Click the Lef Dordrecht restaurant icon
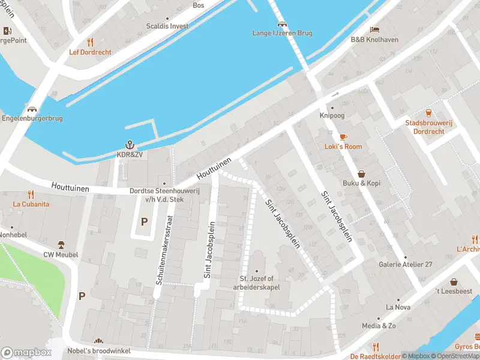tap(91, 42)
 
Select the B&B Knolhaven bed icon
tap(374, 30)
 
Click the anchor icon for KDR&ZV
tap(129, 145)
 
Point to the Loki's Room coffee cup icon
tap(343, 137)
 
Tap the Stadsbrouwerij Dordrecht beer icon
tap(428, 113)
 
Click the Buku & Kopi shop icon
tap(362, 173)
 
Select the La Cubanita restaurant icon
tap(31, 194)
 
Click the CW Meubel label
tap(61, 254)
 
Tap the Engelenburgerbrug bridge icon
tap(31, 110)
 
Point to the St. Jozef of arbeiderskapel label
tap(257, 282)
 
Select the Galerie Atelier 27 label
tap(405, 265)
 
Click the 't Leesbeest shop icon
tap(454, 282)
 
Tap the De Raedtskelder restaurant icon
tap(376, 347)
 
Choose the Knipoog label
tap(332, 115)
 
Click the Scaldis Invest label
tap(167, 26)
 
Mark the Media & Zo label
tap(379, 326)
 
